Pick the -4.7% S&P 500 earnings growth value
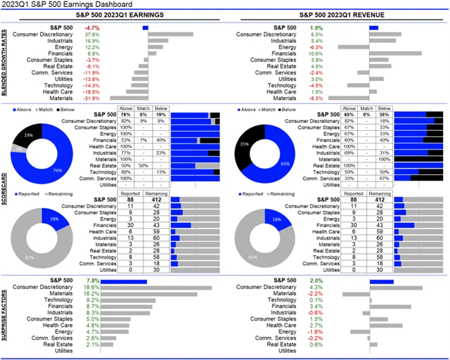[x=91, y=27]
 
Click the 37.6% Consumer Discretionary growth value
[x=91, y=34]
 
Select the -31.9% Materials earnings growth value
[x=91, y=98]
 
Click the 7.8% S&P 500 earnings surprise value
[x=91, y=281]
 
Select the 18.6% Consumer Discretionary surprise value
[x=91, y=288]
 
